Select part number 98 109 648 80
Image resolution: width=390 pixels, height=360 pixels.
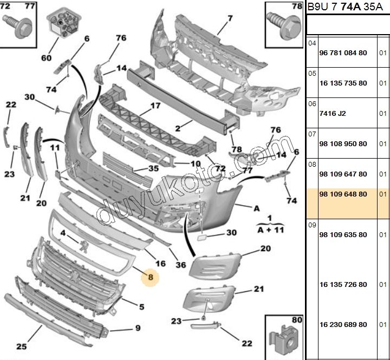(x=343, y=193)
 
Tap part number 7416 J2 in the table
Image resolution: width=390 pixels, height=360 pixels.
(x=334, y=113)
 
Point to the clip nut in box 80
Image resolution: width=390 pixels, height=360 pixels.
(x=285, y=335)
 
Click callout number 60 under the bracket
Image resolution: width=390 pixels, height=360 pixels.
(x=46, y=58)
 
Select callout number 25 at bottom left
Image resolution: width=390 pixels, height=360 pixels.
(x=22, y=346)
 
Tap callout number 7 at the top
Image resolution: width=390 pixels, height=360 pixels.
(x=230, y=18)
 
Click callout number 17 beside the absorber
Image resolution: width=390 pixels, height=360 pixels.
(x=155, y=106)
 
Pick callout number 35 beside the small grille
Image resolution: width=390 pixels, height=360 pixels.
(x=153, y=168)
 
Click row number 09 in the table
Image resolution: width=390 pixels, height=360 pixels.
(x=312, y=224)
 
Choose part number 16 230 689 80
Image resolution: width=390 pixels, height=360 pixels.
(x=343, y=324)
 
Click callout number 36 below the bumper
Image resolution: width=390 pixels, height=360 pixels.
(x=181, y=265)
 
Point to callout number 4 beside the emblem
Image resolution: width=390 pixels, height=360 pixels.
(x=63, y=233)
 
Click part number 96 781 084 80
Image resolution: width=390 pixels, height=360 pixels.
(x=343, y=53)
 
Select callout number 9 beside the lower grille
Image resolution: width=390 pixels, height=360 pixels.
(x=138, y=328)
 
